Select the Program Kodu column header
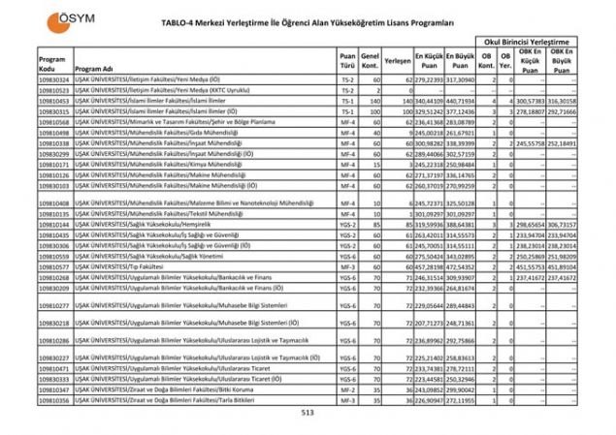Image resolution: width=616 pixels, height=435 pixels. (x=51, y=60)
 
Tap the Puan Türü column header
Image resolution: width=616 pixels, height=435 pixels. (x=348, y=60)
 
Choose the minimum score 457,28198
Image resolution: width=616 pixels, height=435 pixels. (x=430, y=264)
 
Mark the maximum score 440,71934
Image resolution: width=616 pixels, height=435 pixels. (x=464, y=100)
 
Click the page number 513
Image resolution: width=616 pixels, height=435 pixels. (x=308, y=414)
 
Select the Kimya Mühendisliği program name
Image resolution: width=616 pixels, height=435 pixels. (x=155, y=165)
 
